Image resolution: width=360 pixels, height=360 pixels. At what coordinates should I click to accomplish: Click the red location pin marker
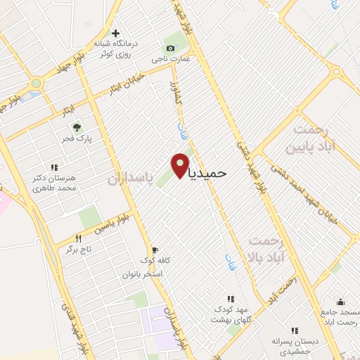[181, 165]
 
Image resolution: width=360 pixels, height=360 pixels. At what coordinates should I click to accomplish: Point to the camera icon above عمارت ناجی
[169, 47]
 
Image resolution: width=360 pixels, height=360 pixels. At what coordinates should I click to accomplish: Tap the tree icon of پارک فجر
[77, 127]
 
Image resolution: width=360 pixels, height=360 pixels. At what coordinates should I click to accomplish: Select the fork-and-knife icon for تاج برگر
[79, 239]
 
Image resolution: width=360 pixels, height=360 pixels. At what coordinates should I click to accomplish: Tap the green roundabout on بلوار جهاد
[36, 83]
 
